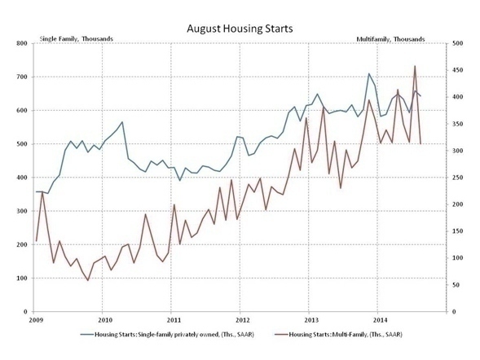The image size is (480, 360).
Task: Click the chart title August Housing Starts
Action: tap(240, 29)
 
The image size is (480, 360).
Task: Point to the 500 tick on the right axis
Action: tap(457, 43)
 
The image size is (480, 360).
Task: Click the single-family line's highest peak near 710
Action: tap(369, 73)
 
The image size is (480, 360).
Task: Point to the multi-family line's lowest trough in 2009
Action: tap(88, 281)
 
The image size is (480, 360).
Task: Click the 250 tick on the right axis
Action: tap(457, 178)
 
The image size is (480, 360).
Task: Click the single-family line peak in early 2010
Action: tap(122, 122)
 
